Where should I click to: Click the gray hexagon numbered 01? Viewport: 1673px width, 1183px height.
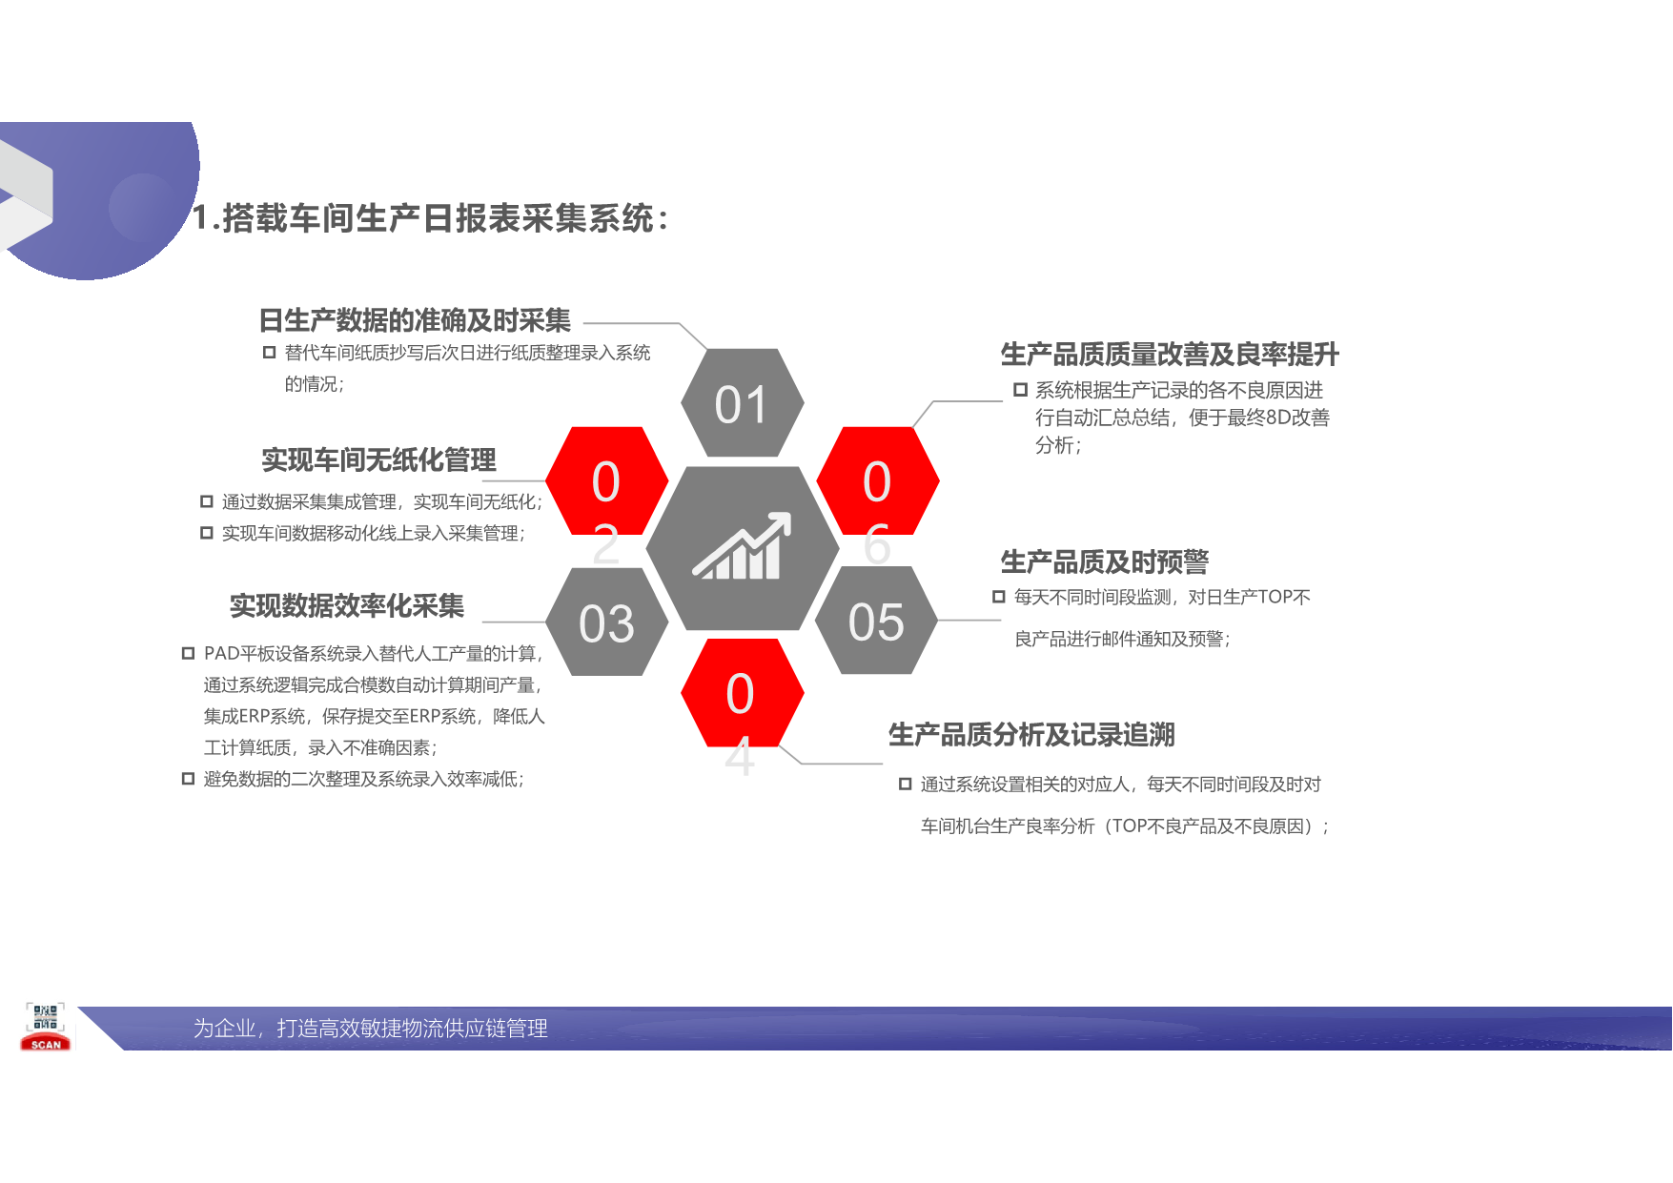point(742,403)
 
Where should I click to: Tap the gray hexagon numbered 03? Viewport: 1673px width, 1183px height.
point(606,622)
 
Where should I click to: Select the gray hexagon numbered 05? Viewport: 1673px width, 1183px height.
point(876,621)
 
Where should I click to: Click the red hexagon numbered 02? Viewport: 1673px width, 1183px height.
point(606,480)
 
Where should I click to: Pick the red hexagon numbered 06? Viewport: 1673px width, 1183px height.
point(877,480)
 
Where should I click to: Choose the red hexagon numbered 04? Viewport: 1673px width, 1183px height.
point(741,692)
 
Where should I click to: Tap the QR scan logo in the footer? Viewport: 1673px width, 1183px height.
point(45,1027)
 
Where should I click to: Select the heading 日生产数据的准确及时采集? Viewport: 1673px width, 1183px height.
point(415,320)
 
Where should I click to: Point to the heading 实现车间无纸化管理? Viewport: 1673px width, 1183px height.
point(378,460)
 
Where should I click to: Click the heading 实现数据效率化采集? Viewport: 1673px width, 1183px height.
point(346,605)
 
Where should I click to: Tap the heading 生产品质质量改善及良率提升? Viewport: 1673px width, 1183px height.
point(1170,355)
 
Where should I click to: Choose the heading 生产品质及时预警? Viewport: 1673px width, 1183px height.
point(1104,561)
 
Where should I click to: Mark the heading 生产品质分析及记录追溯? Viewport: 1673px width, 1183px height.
point(1031,734)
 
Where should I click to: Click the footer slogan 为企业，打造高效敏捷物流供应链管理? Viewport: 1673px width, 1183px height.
point(370,1029)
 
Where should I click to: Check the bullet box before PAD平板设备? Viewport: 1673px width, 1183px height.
point(188,653)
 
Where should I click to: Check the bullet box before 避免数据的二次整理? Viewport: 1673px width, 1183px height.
point(188,779)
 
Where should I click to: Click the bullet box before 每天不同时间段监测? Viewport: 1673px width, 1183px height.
point(998,597)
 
